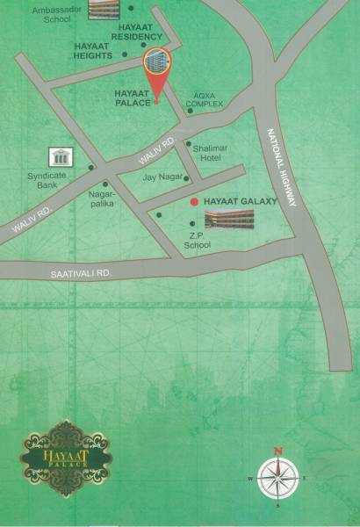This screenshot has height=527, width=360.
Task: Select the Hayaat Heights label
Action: tap(93, 50)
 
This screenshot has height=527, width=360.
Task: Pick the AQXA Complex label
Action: tap(209, 98)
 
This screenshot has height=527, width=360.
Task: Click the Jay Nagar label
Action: tap(161, 178)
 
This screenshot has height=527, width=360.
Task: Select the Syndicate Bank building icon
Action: tap(61, 158)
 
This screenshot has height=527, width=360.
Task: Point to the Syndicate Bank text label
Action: tap(53, 180)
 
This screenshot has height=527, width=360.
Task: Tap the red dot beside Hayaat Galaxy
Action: tap(194, 201)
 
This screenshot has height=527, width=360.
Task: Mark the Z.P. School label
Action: tap(197, 241)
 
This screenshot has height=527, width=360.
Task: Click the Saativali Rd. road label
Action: tap(82, 274)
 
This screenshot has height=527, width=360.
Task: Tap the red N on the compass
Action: tap(278, 451)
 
